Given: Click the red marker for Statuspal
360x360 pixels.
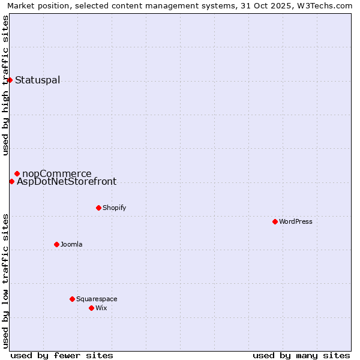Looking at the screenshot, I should pyautogui.click(x=10, y=80).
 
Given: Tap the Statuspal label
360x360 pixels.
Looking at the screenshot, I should pyautogui.click(x=37, y=80).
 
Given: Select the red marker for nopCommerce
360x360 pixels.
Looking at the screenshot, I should pyautogui.click(x=17, y=173).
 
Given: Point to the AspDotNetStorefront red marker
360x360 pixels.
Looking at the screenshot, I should pyautogui.click(x=11, y=181).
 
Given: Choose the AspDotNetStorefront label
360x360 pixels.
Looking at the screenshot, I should pyautogui.click(x=67, y=182).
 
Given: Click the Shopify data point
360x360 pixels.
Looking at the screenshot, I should pyautogui.click(x=98, y=208).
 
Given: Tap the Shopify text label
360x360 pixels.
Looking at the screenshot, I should pyautogui.click(x=115, y=208).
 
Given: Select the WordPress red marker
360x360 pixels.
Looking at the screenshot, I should pyautogui.click(x=275, y=221).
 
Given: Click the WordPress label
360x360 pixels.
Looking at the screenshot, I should pyautogui.click(x=296, y=222).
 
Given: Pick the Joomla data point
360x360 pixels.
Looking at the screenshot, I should pyautogui.click(x=56, y=244).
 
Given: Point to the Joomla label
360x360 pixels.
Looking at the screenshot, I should pyautogui.click(x=71, y=245).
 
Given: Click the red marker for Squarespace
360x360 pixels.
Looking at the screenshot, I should pyautogui.click(x=72, y=299).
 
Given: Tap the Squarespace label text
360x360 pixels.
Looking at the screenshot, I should pyautogui.click(x=97, y=299).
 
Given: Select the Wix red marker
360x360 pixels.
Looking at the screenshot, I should pyautogui.click(x=91, y=308).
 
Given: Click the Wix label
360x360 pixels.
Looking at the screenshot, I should pyautogui.click(x=101, y=308).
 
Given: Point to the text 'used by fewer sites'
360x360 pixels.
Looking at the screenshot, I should pyautogui.click(x=62, y=355).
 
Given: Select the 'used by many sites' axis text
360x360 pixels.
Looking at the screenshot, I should pyautogui.click(x=301, y=355).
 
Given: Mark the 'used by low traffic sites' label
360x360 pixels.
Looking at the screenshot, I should pyautogui.click(x=6, y=280).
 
